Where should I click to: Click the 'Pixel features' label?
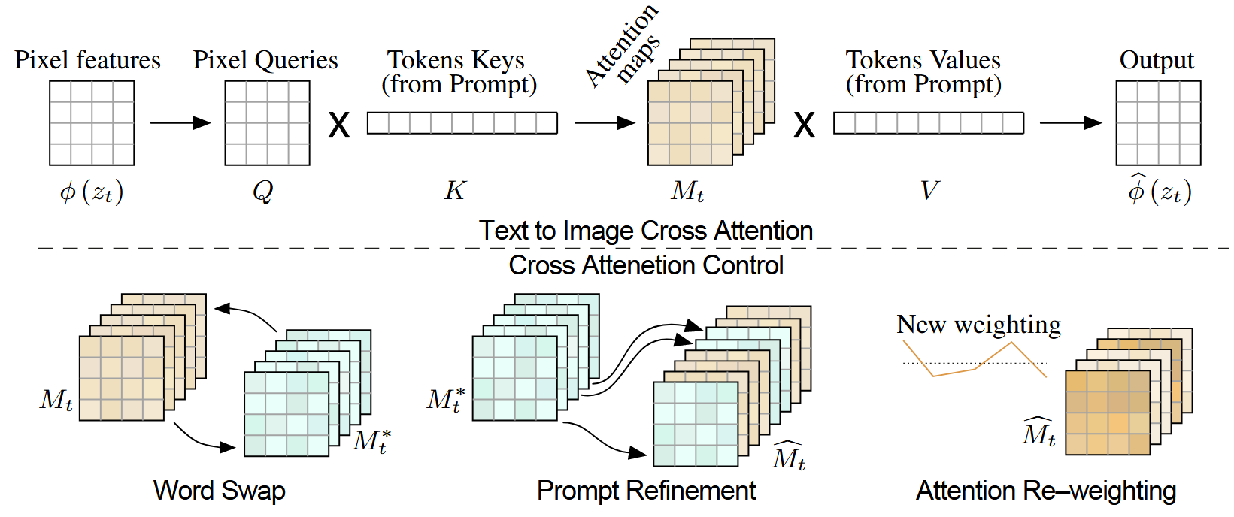click(x=87, y=60)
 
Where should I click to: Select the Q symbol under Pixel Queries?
click(x=263, y=192)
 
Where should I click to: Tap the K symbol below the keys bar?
click(x=455, y=191)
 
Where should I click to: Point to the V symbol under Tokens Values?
click(x=929, y=191)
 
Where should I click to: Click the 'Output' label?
click(x=1157, y=60)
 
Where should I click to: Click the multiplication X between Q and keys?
click(x=339, y=125)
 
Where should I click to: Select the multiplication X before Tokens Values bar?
click(x=805, y=125)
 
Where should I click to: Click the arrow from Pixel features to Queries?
click(x=180, y=122)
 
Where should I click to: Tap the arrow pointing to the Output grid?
click(x=1071, y=122)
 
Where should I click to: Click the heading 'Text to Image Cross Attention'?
click(x=646, y=231)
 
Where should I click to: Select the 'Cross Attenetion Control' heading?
click(x=646, y=265)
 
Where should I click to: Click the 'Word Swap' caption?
click(x=220, y=491)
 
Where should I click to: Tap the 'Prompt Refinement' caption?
click(x=646, y=491)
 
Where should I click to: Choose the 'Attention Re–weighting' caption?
click(x=1046, y=491)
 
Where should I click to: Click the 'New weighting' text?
click(x=978, y=325)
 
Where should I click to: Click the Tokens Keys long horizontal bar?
click(x=462, y=122)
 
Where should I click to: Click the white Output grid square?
click(x=1158, y=123)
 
